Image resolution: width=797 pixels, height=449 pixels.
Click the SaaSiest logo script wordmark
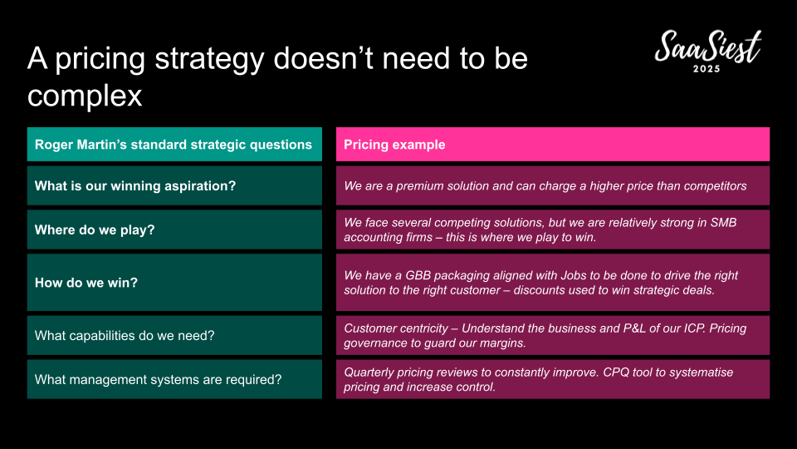click(x=708, y=47)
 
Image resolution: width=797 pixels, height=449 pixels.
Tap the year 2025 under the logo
click(x=707, y=69)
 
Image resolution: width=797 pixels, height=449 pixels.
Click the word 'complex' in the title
click(x=85, y=96)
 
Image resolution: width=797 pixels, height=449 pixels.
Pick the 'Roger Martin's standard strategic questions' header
click(x=174, y=145)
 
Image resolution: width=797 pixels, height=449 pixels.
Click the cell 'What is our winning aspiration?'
click(x=174, y=185)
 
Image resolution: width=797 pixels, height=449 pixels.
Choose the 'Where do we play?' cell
click(x=174, y=229)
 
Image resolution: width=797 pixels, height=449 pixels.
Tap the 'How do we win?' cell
click(x=174, y=283)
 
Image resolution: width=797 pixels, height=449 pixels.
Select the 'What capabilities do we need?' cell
click(x=174, y=335)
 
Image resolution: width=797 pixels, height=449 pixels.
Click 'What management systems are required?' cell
click(x=174, y=379)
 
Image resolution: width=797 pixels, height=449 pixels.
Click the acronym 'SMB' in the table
click(x=723, y=223)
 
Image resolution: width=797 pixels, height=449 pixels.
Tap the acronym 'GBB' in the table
click(x=418, y=275)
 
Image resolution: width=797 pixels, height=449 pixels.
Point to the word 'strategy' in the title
click(x=209, y=59)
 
